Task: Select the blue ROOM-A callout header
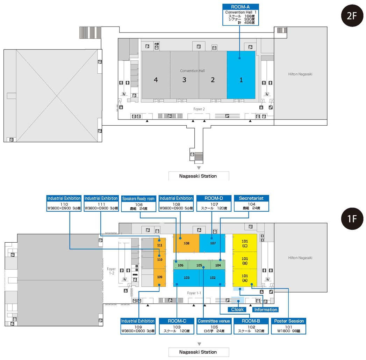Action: point(240,7)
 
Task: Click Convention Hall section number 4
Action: point(156,80)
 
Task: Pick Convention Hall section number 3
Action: point(184,80)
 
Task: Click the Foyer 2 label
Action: point(199,109)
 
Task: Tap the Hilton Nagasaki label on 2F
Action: point(300,74)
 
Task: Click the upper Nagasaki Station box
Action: point(198,176)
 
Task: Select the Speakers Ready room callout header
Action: point(138,199)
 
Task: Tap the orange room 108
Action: point(186,243)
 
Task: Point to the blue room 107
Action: point(213,243)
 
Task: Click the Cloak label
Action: point(237,309)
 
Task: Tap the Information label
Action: point(266,309)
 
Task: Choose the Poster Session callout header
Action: point(289,321)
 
